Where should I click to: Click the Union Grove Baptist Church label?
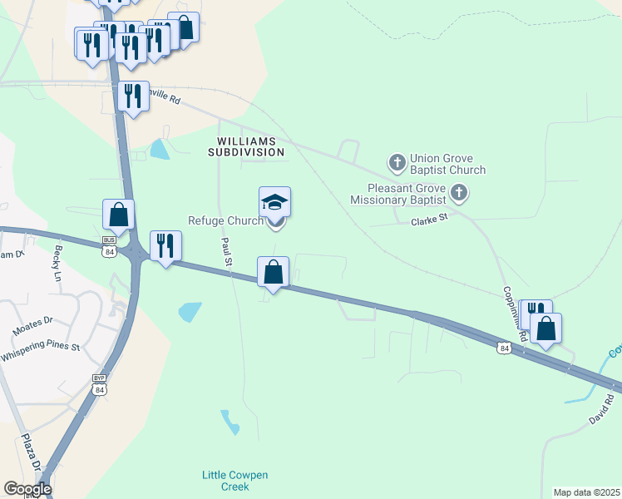(447, 164)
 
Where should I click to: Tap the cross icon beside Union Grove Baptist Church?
(397, 161)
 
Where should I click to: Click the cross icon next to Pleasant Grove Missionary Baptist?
(458, 195)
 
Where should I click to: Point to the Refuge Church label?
(225, 220)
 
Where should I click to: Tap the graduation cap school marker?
(275, 202)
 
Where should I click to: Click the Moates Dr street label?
(32, 325)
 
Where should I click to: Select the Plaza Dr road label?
(32, 453)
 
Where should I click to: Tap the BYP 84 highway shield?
(100, 385)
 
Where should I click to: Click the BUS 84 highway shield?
(109, 248)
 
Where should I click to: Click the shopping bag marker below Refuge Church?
(274, 271)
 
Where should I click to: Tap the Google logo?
(27, 489)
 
